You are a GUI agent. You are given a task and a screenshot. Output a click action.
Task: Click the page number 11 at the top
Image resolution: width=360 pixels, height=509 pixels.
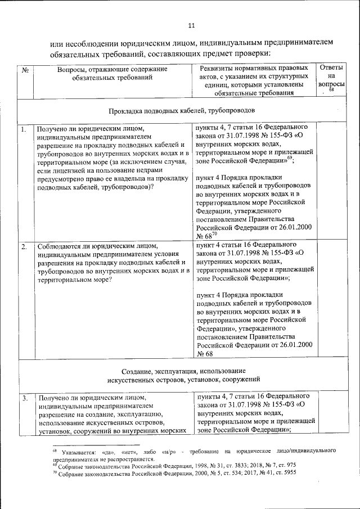[191, 26]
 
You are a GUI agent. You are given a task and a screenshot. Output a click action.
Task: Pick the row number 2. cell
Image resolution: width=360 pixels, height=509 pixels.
[24, 246]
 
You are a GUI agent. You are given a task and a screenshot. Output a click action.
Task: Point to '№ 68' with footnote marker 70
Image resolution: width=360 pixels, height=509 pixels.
[205, 236]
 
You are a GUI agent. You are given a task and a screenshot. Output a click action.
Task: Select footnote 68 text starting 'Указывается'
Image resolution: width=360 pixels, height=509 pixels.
[191, 454]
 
